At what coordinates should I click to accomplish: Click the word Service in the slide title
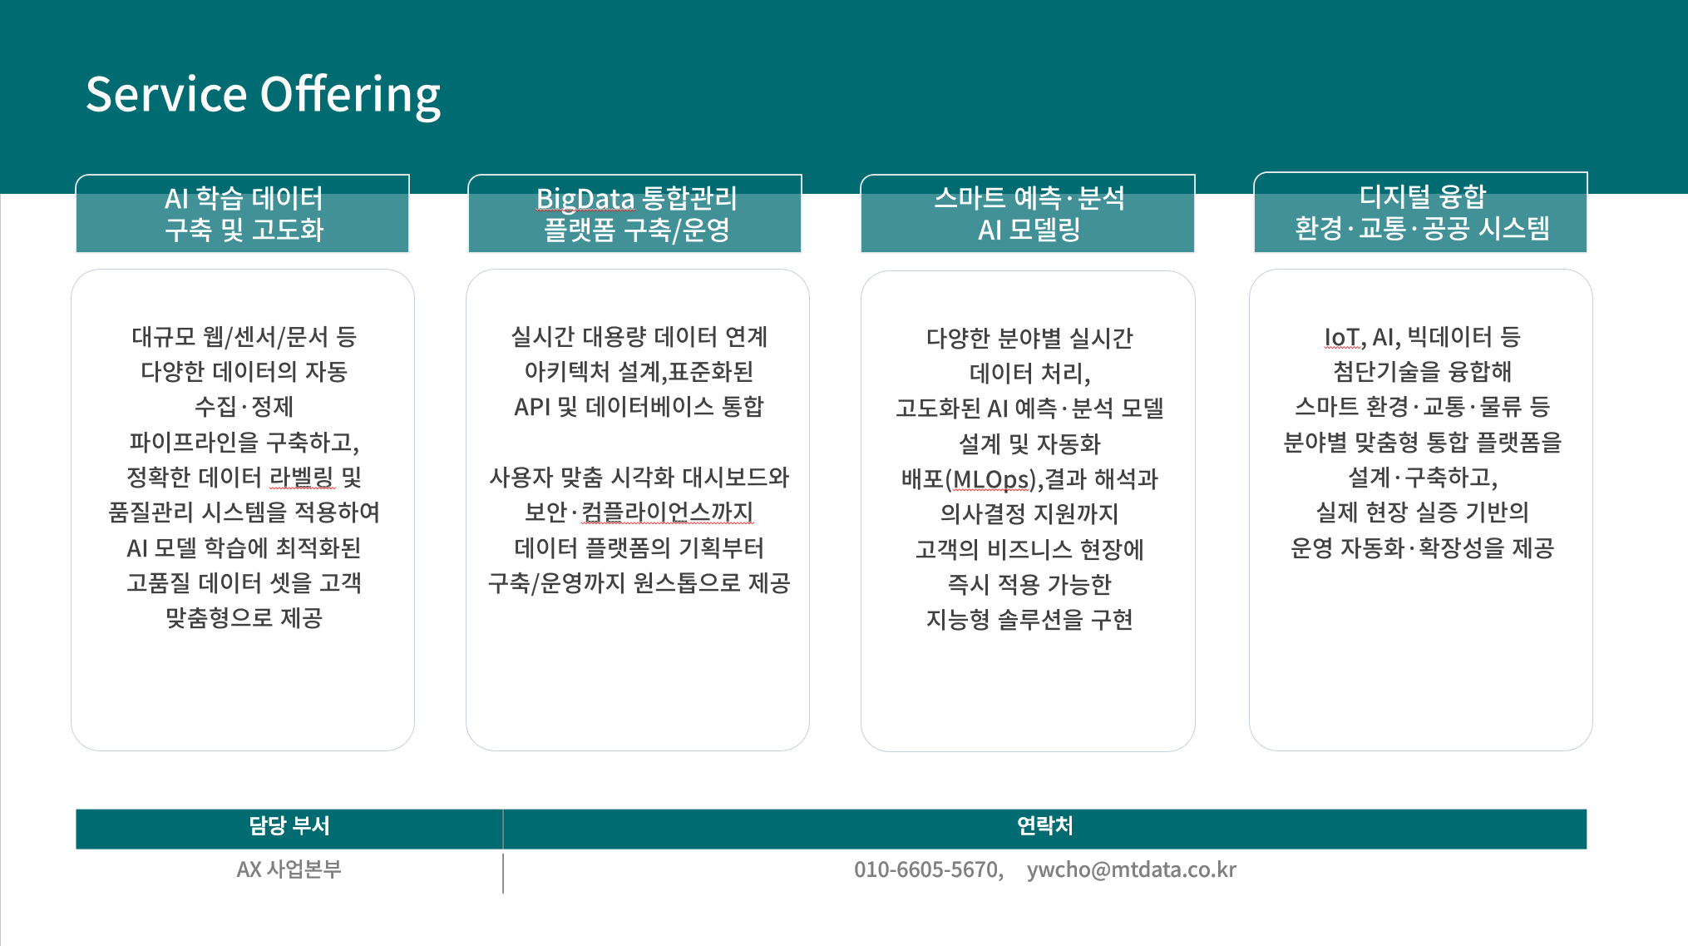tap(166, 94)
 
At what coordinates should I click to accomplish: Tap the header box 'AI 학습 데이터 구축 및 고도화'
tap(243, 213)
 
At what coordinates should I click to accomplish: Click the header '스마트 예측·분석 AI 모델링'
tap(1028, 213)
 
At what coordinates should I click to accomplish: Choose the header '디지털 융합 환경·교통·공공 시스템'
tap(1421, 212)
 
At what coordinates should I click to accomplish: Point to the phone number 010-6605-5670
tap(925, 869)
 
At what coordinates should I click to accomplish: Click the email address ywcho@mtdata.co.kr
tap(1132, 869)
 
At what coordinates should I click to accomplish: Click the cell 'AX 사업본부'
tap(289, 869)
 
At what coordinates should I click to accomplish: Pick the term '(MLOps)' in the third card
tap(990, 479)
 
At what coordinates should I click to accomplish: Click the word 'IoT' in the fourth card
tap(1342, 337)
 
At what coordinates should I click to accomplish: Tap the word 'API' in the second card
tap(532, 407)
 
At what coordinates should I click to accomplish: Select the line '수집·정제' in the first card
tap(244, 407)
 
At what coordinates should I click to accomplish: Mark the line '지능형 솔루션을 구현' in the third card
tap(1029, 620)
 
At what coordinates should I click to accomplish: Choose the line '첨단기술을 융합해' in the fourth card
tap(1422, 372)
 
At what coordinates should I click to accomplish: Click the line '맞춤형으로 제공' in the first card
tap(244, 618)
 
